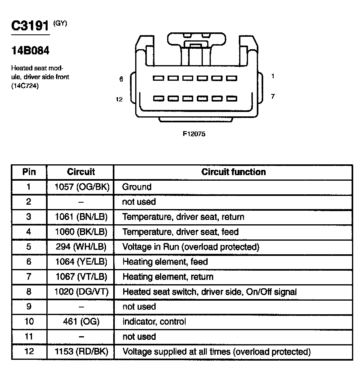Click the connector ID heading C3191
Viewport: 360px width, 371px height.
pyautogui.click(x=30, y=26)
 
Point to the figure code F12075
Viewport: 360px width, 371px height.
pyautogui.click(x=194, y=134)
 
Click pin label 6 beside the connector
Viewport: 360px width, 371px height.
pyautogui.click(x=121, y=79)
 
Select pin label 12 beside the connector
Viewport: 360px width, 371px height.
pyautogui.click(x=119, y=99)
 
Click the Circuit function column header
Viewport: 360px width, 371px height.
pyautogui.click(x=233, y=172)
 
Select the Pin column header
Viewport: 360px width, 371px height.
pyautogui.click(x=29, y=172)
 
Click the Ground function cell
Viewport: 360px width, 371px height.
pyautogui.click(x=137, y=187)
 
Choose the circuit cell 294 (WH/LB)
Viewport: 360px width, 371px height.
pyautogui.click(x=81, y=247)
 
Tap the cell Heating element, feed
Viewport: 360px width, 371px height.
pyautogui.click(x=165, y=262)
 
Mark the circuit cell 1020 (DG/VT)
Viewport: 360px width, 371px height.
pyautogui.click(x=81, y=292)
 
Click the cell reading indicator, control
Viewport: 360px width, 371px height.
pyautogui.click(x=154, y=321)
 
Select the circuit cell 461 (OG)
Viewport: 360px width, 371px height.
pyautogui.click(x=81, y=321)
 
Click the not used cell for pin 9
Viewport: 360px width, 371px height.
pyautogui.click(x=139, y=307)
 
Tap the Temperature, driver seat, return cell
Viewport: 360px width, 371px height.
pyautogui.click(x=183, y=217)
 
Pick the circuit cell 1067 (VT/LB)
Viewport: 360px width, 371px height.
pyautogui.click(x=81, y=277)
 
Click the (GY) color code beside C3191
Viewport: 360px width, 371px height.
pyautogui.click(x=60, y=23)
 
